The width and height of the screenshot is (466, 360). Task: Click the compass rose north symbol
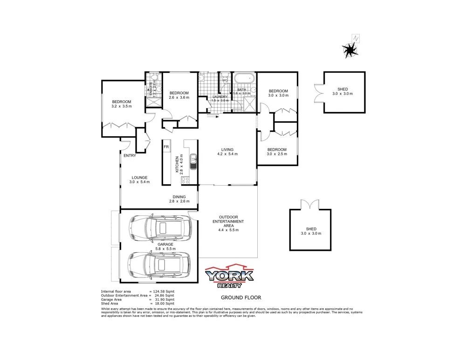(350, 48)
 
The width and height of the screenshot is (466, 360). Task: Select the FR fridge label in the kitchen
(166, 147)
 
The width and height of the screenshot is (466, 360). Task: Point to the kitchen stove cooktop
(185, 180)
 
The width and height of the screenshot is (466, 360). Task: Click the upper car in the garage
(160, 227)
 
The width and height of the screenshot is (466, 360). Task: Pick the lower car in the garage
(160, 265)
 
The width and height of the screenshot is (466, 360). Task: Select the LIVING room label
(227, 150)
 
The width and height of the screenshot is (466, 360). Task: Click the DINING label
(179, 197)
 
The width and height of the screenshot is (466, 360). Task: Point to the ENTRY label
(130, 156)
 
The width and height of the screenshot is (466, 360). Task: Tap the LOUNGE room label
(139, 177)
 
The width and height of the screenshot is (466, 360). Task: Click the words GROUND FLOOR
(241, 298)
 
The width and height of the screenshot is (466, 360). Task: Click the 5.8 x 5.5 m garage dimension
(165, 249)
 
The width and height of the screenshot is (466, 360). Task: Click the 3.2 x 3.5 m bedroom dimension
(122, 106)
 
